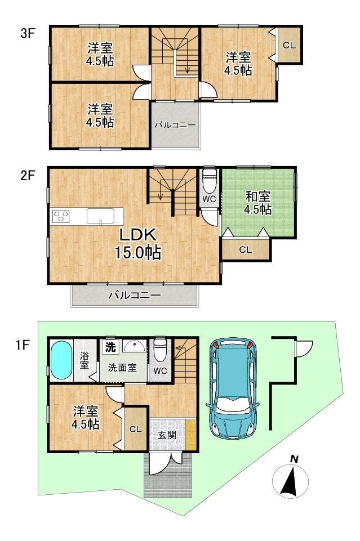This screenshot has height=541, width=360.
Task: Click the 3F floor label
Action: click(x=28, y=34)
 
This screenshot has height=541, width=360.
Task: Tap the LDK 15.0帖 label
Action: click(x=137, y=244)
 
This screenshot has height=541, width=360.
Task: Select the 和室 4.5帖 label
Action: click(x=257, y=203)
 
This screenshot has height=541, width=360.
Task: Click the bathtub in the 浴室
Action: click(x=61, y=360)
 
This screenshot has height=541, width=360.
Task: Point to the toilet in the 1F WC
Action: click(x=160, y=350)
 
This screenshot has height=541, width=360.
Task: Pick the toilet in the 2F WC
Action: click(x=209, y=181)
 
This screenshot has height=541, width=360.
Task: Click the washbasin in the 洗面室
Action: click(x=135, y=345)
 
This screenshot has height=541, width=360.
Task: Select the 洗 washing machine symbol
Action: click(x=110, y=347)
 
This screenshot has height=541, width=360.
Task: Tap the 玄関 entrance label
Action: click(x=167, y=435)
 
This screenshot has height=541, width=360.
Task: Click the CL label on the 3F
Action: click(x=289, y=45)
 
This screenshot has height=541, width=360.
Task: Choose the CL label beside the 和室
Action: click(x=246, y=249)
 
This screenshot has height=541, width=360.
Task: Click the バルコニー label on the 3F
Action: click(x=175, y=125)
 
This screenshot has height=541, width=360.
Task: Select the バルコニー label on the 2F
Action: click(x=135, y=296)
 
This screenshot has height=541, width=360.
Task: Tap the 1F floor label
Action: click(x=23, y=345)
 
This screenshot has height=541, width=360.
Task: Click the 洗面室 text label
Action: click(x=122, y=368)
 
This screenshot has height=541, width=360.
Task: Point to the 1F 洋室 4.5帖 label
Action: click(x=86, y=418)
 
